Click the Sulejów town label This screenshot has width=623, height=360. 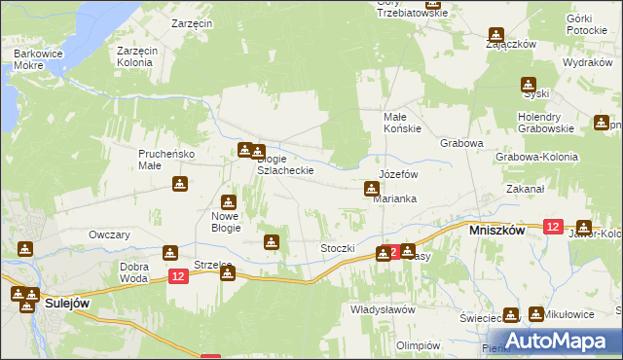[69, 304]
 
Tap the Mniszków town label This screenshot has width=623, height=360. [497, 232]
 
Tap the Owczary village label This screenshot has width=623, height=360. [109, 234]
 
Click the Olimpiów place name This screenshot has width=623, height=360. [433, 344]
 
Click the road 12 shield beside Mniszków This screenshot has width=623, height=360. [553, 226]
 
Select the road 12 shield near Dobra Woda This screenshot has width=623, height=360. [177, 277]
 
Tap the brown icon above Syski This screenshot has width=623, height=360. [529, 85]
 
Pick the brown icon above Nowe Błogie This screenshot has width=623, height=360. [228, 201]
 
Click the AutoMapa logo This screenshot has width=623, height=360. [551, 341]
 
